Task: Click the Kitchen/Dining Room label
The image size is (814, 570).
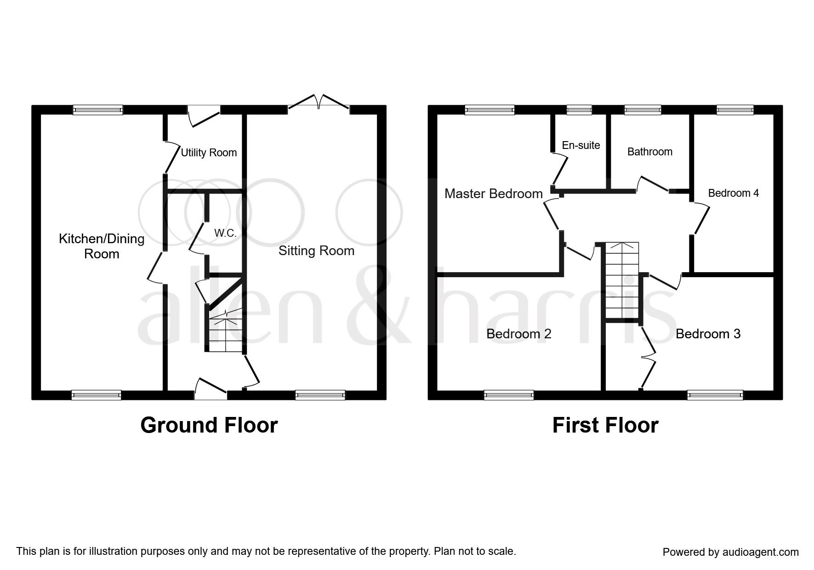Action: (x=102, y=246)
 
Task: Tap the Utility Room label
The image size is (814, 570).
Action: (x=209, y=153)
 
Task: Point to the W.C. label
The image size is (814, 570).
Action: (x=225, y=233)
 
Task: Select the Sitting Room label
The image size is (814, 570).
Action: (x=316, y=251)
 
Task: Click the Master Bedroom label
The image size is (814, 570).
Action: (x=494, y=194)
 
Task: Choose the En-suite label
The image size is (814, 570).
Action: (x=581, y=145)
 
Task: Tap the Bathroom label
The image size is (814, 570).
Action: (x=650, y=152)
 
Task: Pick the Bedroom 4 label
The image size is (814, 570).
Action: (x=734, y=193)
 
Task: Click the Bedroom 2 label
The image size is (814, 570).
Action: (x=519, y=334)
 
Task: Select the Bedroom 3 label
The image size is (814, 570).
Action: (x=708, y=334)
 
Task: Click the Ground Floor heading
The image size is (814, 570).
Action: (x=209, y=425)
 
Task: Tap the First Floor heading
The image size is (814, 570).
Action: (x=605, y=425)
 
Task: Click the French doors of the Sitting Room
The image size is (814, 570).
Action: (x=319, y=103)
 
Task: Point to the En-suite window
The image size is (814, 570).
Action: (x=579, y=110)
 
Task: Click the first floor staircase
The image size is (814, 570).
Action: (x=622, y=280)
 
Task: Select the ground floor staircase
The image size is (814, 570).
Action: (x=225, y=330)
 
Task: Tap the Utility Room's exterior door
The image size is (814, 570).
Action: (x=204, y=114)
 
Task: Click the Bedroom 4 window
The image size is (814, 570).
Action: (x=735, y=110)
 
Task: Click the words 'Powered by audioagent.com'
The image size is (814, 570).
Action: (x=731, y=552)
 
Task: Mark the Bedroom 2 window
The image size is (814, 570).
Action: (x=509, y=395)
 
